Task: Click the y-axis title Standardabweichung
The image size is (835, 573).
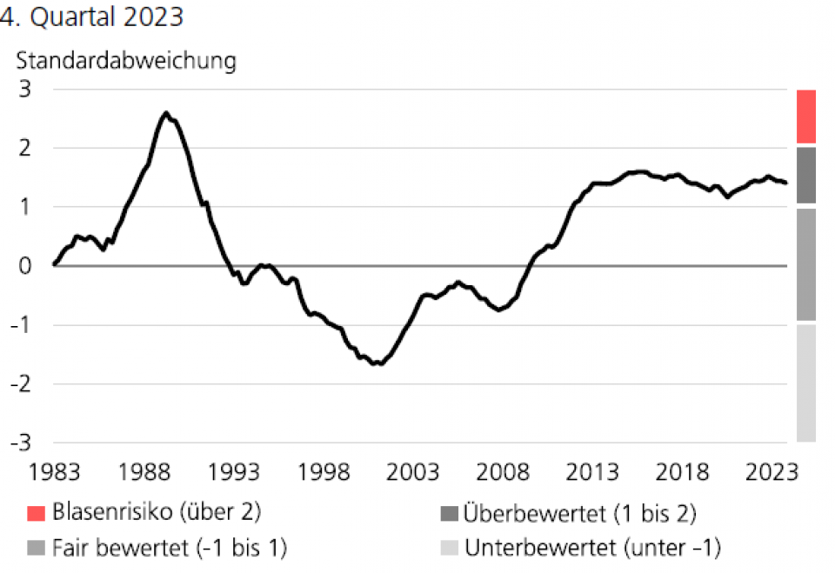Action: pyautogui.click(x=126, y=61)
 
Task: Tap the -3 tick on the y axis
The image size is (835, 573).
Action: pyautogui.click(x=21, y=442)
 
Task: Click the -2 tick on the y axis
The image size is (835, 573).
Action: pyautogui.click(x=21, y=383)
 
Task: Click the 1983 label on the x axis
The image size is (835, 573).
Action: pyautogui.click(x=54, y=472)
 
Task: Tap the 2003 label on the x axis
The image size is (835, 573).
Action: pyautogui.click(x=412, y=472)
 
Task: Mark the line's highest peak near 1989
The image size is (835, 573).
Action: pyautogui.click(x=166, y=112)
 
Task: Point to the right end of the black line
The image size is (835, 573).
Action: pyautogui.click(x=786, y=183)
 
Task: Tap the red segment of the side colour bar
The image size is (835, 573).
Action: pyautogui.click(x=805, y=116)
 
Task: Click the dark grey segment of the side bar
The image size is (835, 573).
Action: pyautogui.click(x=805, y=175)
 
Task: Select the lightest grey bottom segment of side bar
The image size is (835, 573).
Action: pyautogui.click(x=805, y=383)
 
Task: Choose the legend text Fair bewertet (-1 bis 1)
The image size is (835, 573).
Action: pyautogui.click(x=170, y=548)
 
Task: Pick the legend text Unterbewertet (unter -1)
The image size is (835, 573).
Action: pyautogui.click(x=593, y=548)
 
